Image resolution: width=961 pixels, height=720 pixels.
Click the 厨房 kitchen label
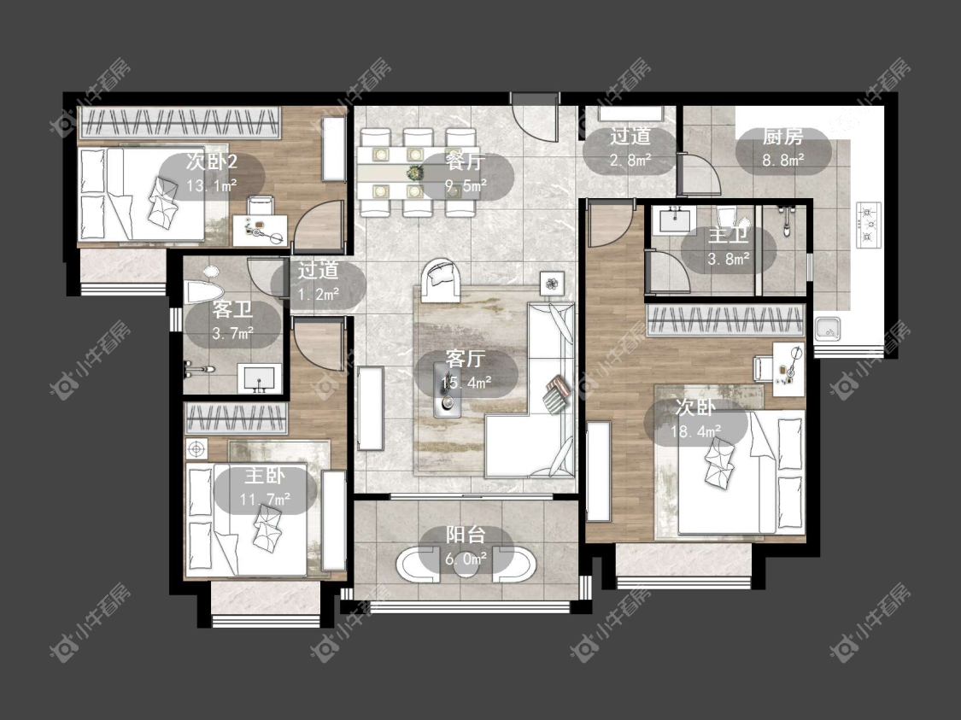[782, 137]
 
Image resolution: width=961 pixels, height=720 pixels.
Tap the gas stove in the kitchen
[868, 225]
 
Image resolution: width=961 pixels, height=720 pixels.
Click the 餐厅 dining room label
[465, 161]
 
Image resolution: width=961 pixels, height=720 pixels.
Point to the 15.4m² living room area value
[466, 383]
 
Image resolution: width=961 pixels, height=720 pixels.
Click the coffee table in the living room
[448, 389]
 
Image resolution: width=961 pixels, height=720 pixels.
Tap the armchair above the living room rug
[440, 281]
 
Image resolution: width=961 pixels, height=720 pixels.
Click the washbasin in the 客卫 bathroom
[259, 378]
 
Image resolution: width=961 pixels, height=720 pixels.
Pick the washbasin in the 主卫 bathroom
[674, 220]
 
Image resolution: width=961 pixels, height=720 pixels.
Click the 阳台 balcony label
[466, 535]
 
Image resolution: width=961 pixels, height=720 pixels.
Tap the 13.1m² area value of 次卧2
[212, 185]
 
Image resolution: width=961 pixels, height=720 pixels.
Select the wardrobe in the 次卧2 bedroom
[181, 122]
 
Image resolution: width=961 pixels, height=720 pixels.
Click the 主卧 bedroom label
[265, 477]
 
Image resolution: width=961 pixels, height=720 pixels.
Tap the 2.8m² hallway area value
[630, 161]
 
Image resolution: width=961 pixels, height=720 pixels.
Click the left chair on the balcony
[418, 564]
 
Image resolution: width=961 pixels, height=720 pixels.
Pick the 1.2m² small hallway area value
[319, 295]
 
